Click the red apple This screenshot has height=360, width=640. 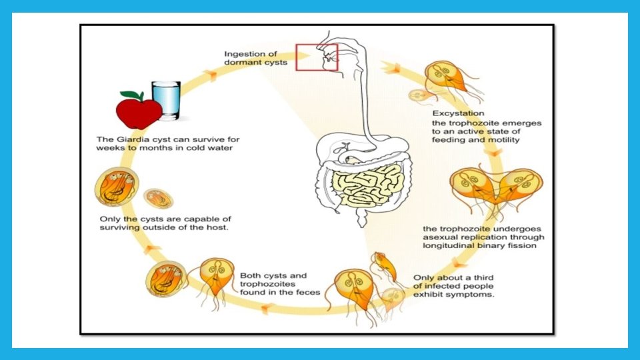point(137,110)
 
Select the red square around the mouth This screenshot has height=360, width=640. point(317,56)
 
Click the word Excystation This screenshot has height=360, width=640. point(458,113)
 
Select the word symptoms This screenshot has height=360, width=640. point(473,294)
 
